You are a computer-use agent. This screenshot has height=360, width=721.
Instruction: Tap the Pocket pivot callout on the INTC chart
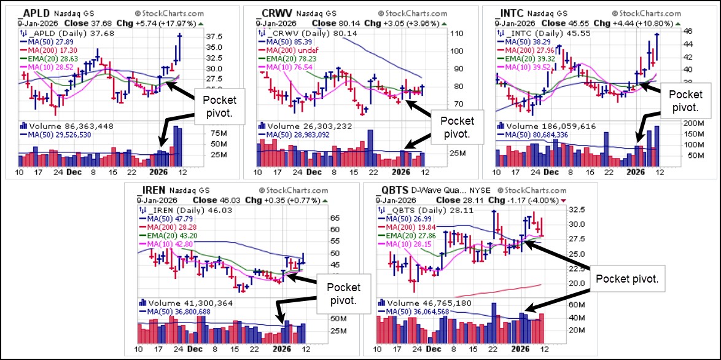(x=685, y=100)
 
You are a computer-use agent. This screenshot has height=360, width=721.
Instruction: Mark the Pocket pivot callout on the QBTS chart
(x=626, y=278)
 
